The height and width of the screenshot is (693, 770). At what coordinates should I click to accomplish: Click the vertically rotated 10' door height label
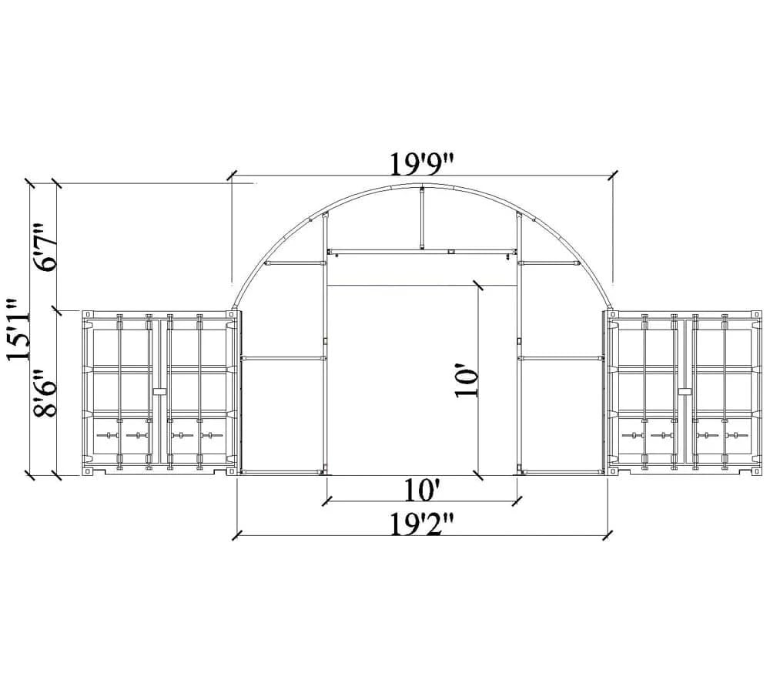point(467,381)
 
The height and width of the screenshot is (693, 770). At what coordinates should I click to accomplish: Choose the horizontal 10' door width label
point(422,490)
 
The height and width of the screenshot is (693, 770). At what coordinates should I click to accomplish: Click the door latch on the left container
point(159,392)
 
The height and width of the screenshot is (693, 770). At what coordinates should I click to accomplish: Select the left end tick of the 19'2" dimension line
point(238,533)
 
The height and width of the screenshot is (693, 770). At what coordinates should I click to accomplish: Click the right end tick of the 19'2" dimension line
point(608,533)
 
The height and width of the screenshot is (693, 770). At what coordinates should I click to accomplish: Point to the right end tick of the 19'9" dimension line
point(613,175)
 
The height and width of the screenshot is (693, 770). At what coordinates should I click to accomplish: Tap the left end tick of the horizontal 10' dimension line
point(326,500)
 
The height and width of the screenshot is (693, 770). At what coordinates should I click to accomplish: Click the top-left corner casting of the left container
point(88,315)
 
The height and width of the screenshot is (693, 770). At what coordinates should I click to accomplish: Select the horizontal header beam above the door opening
point(422,251)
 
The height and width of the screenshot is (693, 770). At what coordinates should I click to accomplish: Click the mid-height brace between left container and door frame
point(282,358)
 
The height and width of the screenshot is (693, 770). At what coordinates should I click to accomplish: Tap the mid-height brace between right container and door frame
point(561,358)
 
